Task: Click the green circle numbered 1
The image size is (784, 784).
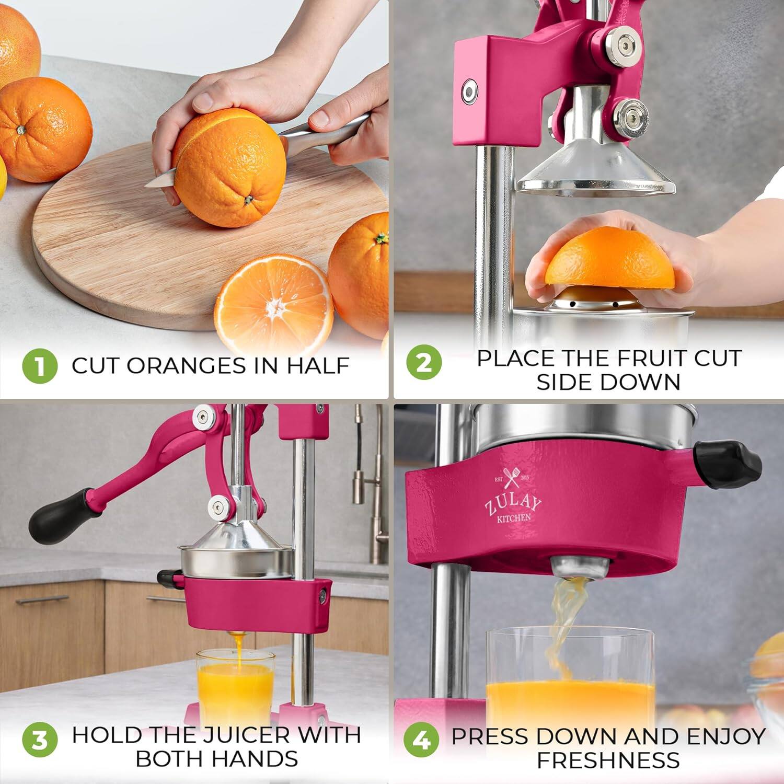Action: pos(40,365)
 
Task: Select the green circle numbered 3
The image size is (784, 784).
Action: pos(40,741)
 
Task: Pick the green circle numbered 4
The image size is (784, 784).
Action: pos(421,740)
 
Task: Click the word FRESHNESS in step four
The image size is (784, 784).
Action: pos(608,760)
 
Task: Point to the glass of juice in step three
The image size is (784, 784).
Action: pos(235,685)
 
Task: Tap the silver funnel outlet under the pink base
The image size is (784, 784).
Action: pos(580,568)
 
